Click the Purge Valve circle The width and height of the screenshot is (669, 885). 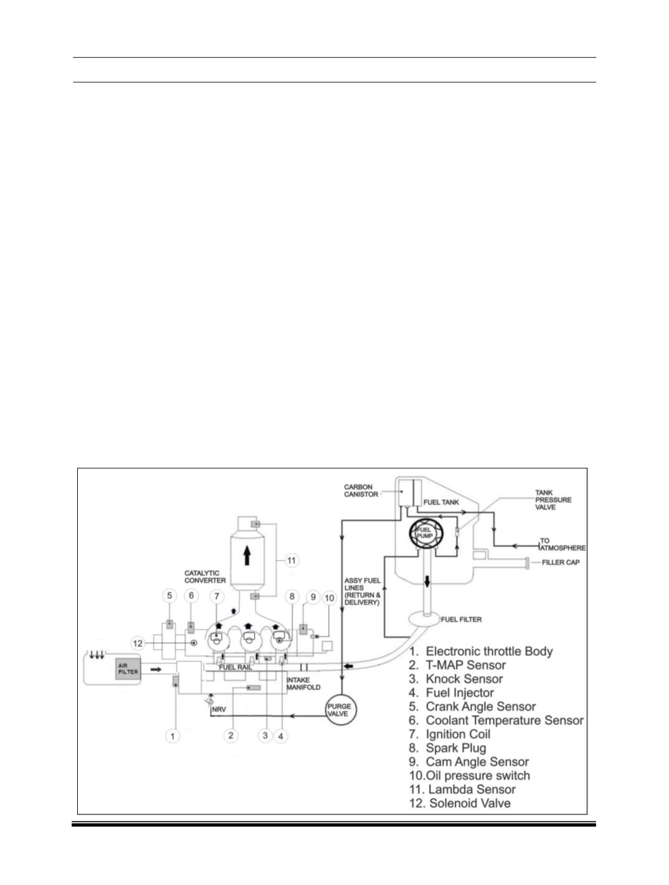(339, 710)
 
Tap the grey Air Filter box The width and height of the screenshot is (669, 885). (128, 670)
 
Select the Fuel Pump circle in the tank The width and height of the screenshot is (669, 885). (425, 533)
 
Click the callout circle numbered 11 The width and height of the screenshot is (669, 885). (292, 561)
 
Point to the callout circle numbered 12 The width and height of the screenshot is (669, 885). (138, 643)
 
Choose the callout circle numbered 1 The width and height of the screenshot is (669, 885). (173, 736)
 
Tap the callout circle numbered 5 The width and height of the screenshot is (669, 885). (169, 596)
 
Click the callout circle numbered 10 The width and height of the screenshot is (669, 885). (330, 599)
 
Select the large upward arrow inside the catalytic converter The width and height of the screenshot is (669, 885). (247, 554)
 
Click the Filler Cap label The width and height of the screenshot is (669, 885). (561, 562)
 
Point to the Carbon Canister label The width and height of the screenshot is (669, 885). (361, 491)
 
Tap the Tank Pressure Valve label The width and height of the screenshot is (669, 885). (553, 499)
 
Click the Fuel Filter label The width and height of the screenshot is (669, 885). (461, 619)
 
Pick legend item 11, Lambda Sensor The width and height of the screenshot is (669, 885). (462, 789)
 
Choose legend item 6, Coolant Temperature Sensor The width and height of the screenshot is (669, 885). (496, 720)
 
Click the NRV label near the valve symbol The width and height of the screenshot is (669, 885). (219, 709)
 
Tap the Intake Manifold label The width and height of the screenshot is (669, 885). (303, 683)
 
